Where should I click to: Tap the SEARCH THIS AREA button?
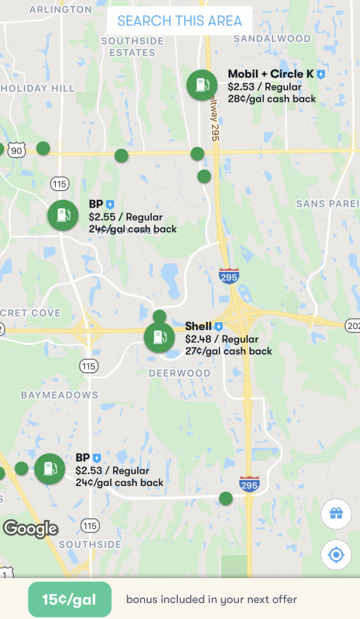[x=179, y=21]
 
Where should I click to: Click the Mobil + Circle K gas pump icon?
[x=202, y=85]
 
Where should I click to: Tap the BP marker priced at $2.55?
[x=63, y=216]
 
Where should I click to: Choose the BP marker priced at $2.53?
[x=50, y=469]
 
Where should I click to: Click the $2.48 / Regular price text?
[x=221, y=339]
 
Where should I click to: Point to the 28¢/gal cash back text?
[x=271, y=99]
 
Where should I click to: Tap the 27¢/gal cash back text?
[x=228, y=351]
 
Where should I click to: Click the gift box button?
[x=336, y=514]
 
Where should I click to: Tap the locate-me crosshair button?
[x=336, y=554]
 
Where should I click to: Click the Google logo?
[x=31, y=529]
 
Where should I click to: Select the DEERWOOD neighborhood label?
[x=179, y=373]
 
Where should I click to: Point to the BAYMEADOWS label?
[x=59, y=395]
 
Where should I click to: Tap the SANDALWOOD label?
[x=272, y=39]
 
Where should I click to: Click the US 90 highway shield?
[x=17, y=151]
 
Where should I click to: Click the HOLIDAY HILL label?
[x=38, y=89]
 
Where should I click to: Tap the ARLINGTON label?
[x=60, y=10]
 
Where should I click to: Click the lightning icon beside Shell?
[x=218, y=327]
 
